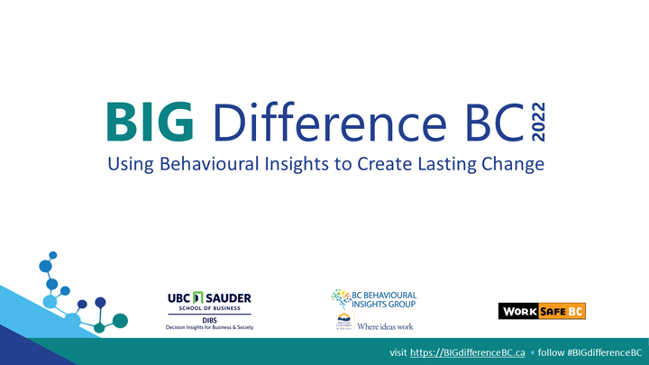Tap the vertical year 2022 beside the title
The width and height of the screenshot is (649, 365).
coord(538,123)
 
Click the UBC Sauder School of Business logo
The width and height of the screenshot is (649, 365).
coord(209,302)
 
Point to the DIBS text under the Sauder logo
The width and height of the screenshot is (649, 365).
coord(209,319)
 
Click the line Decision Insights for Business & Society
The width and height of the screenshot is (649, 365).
coord(209,327)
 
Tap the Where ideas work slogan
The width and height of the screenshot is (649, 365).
coord(385,325)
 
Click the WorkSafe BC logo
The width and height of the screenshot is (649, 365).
coord(542,311)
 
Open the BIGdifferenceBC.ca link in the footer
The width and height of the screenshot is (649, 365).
coord(467,351)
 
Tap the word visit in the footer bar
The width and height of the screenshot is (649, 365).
coord(398,351)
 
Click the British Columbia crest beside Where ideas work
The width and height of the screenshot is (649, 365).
coord(343,324)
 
